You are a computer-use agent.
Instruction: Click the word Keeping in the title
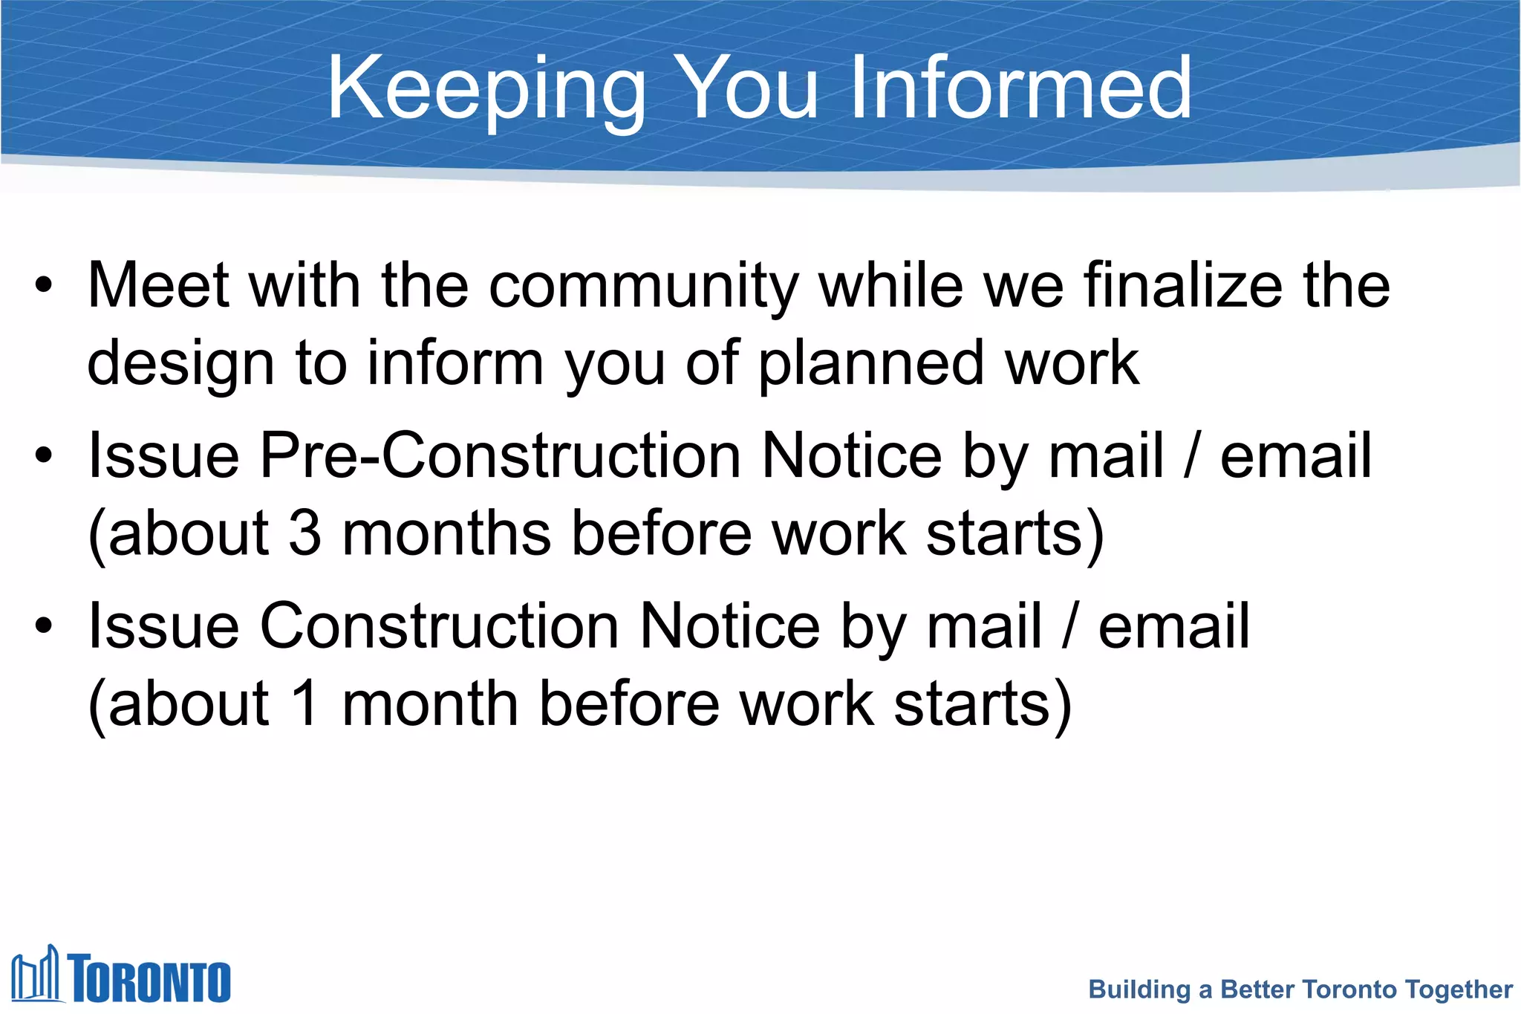coord(486,90)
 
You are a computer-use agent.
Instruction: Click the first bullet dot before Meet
coord(44,286)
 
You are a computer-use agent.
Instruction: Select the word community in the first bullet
coord(644,286)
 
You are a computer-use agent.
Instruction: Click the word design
coord(180,364)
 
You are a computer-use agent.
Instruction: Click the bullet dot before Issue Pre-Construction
coord(44,455)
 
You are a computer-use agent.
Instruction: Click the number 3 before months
coord(304,533)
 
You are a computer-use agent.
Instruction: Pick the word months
coord(446,533)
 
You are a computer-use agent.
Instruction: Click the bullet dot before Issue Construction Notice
coord(44,625)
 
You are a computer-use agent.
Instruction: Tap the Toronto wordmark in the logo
coord(150,978)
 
